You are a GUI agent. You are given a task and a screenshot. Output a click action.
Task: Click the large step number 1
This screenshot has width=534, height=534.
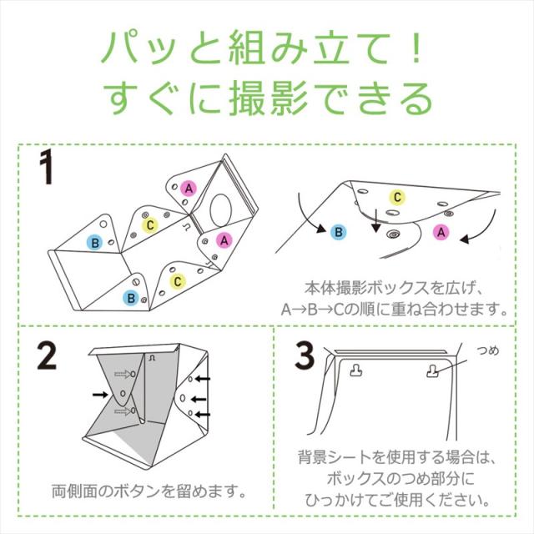click(x=46, y=167)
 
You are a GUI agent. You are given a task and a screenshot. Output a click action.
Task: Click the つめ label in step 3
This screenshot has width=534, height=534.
click(x=488, y=350)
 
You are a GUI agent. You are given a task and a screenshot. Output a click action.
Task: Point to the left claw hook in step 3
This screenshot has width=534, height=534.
click(x=356, y=370)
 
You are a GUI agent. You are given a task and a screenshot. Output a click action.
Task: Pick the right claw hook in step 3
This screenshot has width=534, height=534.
click(x=432, y=370)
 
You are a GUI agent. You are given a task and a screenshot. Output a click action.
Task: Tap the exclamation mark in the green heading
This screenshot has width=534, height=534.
click(x=416, y=48)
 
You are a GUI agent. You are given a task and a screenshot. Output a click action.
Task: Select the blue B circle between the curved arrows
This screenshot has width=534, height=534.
click(x=339, y=232)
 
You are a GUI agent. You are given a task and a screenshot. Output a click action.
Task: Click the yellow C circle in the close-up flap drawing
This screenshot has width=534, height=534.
click(x=397, y=197)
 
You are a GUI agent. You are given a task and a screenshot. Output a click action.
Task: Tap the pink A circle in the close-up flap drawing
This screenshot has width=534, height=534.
click(x=441, y=232)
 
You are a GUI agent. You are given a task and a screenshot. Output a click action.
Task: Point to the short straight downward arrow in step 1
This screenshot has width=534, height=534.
click(x=376, y=221)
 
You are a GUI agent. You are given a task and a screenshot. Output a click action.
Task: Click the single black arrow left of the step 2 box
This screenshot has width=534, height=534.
click(x=100, y=395)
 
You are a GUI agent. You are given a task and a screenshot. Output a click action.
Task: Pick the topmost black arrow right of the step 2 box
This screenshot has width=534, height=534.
click(x=203, y=378)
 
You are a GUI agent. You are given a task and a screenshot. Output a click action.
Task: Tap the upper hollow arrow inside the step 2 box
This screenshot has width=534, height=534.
click(x=123, y=375)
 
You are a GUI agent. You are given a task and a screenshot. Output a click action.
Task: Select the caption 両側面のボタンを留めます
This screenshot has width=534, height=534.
click(x=149, y=491)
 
